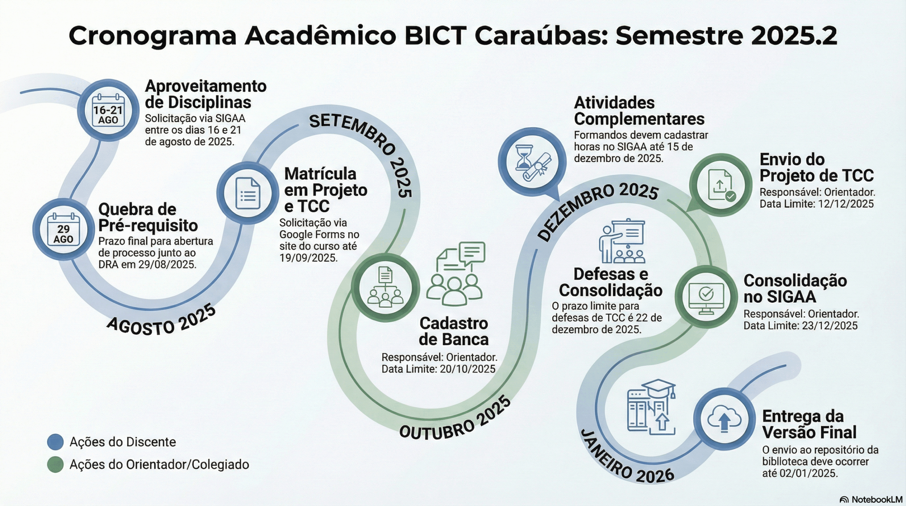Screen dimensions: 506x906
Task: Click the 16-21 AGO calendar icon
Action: [108, 110]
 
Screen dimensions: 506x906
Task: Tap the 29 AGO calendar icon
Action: [63, 229]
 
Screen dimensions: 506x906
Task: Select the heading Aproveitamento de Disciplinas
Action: [205, 94]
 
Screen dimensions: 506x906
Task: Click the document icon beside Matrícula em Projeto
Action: [248, 193]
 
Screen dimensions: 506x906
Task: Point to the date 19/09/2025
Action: [308, 258]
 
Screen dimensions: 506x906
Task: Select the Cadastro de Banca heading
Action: [454, 331]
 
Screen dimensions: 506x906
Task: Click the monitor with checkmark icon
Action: [706, 296]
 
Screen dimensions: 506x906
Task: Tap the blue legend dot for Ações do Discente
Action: [55, 442]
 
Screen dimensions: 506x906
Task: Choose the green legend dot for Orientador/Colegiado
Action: [55, 465]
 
